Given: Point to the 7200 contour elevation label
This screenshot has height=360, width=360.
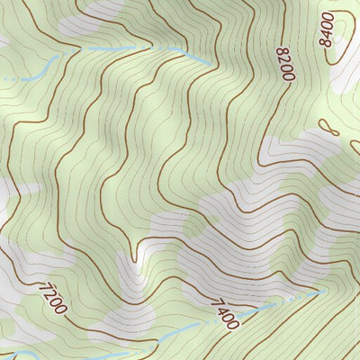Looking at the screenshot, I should click(x=52, y=298).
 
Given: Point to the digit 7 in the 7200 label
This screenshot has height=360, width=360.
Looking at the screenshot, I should click(x=43, y=287).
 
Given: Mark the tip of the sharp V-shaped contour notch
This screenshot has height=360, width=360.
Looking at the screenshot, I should click(x=135, y=260).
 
